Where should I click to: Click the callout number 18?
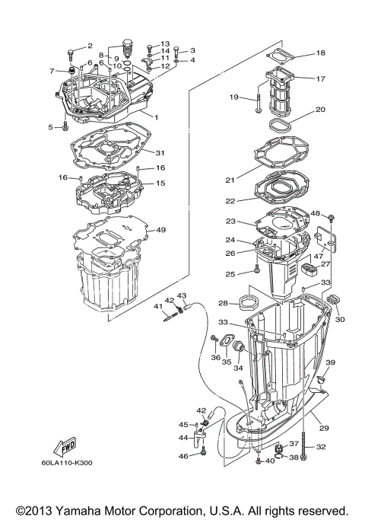tap(320, 53)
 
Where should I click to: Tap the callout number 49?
tap(160, 230)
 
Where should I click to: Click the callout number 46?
tap(182, 455)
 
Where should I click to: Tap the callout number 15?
tap(160, 183)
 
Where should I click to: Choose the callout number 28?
tap(224, 303)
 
